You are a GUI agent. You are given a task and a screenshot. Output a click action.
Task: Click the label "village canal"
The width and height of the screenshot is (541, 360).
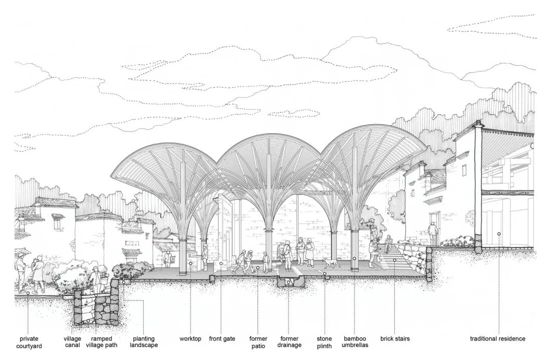click(x=72, y=342)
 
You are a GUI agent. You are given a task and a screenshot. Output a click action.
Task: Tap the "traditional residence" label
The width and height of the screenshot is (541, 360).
click(x=497, y=339)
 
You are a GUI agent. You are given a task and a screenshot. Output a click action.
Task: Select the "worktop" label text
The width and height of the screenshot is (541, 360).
click(x=190, y=339)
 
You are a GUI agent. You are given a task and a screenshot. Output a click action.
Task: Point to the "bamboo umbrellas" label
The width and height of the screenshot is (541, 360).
click(x=355, y=342)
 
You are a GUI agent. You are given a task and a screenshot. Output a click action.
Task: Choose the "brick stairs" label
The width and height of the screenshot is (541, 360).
click(x=395, y=339)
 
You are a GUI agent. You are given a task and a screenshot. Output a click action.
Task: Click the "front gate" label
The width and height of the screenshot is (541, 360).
click(x=222, y=339)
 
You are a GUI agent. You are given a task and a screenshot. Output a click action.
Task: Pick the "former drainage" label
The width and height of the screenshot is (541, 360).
click(x=290, y=342)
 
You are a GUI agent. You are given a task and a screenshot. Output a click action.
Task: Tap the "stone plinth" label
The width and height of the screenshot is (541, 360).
click(x=324, y=342)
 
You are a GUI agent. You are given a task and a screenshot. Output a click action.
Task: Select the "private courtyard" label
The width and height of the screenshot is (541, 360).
click(x=29, y=342)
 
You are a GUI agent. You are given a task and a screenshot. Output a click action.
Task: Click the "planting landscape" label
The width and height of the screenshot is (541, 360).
click(x=144, y=342)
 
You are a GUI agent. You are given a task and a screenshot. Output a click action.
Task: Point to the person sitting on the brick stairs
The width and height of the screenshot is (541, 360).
click(x=388, y=244)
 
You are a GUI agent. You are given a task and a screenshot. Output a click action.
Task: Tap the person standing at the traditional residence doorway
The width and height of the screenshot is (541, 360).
click(x=433, y=233)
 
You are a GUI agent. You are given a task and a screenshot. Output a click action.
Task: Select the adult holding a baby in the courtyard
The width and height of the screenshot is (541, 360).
click(x=38, y=273)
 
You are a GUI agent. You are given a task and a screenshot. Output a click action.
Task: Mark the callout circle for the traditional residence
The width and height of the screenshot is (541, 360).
click(x=499, y=234)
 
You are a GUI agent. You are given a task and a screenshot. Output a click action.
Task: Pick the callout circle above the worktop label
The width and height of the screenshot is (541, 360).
click(x=190, y=263)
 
